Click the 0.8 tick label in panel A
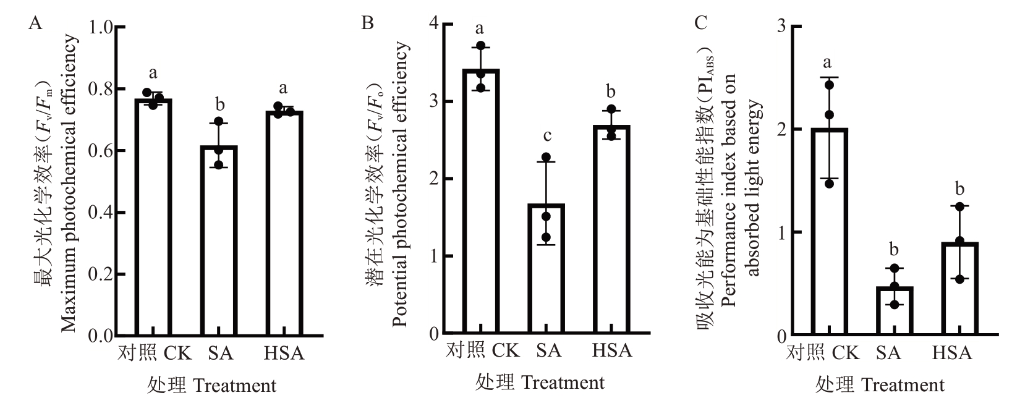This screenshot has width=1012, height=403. [x=104, y=90]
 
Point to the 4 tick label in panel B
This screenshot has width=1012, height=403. [x=433, y=25]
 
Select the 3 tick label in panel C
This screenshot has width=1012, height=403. [x=781, y=27]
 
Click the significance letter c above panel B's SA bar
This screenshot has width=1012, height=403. [x=546, y=136]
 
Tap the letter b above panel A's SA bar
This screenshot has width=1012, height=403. [x=218, y=102]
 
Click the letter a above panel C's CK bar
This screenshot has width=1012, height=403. [x=828, y=62]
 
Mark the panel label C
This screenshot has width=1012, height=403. [x=701, y=23]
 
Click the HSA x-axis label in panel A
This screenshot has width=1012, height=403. [x=284, y=354]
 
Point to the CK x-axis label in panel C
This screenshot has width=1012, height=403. [x=846, y=353]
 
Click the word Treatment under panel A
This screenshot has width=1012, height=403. [x=235, y=386]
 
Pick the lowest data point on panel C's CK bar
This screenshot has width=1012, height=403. [x=829, y=184]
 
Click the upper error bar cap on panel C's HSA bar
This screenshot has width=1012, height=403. [x=959, y=205]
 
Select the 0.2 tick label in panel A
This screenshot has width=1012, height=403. [x=104, y=274]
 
